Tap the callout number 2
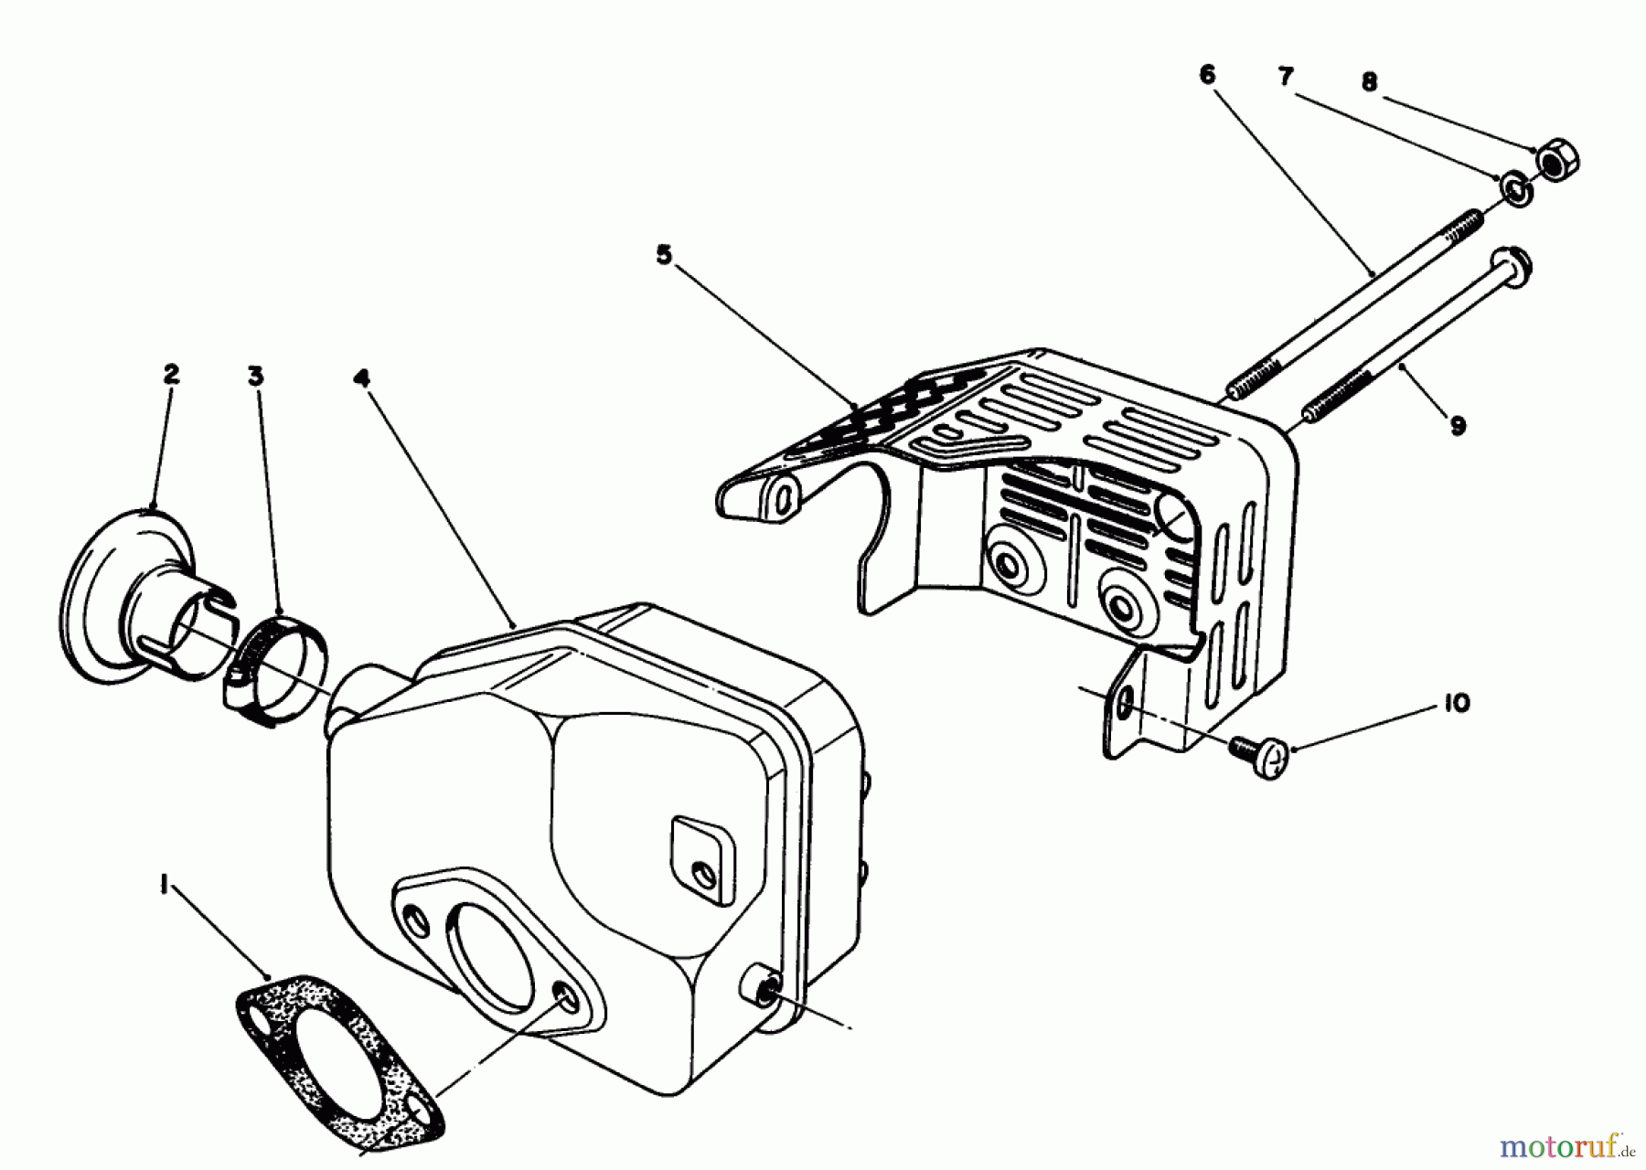pyautogui.click(x=171, y=374)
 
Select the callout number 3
pyautogui.click(x=255, y=376)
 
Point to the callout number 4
pyautogui.click(x=363, y=377)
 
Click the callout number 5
pyautogui.click(x=664, y=255)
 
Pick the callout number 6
pyautogui.click(x=1207, y=76)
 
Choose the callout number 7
pyautogui.click(x=1286, y=78)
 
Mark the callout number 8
pyautogui.click(x=1368, y=82)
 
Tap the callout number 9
pyautogui.click(x=1458, y=424)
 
